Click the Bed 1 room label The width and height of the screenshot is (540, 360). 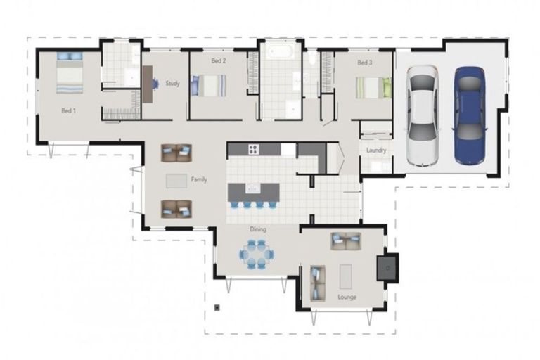point(68,110)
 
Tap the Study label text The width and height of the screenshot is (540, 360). point(172,84)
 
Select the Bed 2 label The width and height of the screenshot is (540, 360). point(219,61)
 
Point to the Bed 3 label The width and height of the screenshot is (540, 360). point(364,63)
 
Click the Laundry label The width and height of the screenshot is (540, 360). point(376,150)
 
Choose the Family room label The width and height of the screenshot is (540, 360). point(199,180)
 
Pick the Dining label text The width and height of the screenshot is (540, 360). point(258,229)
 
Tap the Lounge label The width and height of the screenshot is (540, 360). point(347,297)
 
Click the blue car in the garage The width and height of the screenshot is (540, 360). point(469,115)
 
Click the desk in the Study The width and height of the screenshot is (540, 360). point(149,79)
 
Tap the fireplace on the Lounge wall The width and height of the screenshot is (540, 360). point(387,267)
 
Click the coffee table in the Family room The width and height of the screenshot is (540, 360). point(176,181)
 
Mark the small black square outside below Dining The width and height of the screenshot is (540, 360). point(219,307)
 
